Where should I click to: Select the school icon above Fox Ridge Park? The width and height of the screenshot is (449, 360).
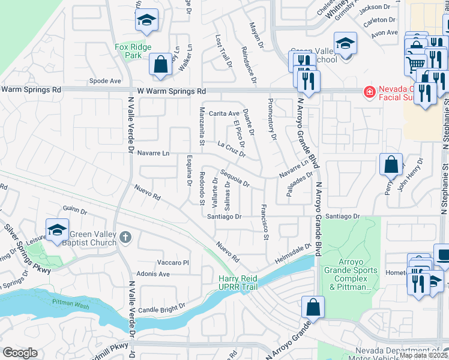coord(146,21)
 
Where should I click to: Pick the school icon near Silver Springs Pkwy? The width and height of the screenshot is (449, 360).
coord(57,230)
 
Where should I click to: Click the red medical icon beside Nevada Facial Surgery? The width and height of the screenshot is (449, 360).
coord(369,91)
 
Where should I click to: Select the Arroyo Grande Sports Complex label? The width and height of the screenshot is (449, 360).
coord(351,274)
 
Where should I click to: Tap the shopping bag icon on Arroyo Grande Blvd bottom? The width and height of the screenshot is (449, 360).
coord(313,307)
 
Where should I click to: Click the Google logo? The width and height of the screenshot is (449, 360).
coord(20,353)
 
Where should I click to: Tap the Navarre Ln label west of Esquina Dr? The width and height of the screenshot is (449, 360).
coord(153,153)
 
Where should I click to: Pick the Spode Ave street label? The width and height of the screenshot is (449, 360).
coord(104,80)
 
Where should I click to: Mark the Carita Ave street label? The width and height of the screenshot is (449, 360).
coord(224,113)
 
